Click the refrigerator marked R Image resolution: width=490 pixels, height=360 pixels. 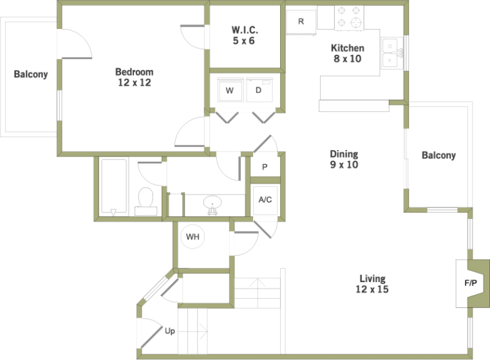click(301, 22)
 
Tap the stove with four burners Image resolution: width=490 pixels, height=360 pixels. click(349, 18)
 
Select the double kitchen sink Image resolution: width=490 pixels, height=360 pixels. click(392, 53)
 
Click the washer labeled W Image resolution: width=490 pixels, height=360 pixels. click(231, 90)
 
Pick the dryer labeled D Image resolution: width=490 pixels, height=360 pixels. click(259, 90)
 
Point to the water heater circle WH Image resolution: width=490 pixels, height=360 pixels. click(193, 236)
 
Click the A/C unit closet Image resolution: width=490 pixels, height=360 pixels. click(265, 200)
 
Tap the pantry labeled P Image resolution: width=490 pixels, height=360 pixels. click(265, 167)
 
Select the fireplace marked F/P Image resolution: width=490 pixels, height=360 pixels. click(473, 283)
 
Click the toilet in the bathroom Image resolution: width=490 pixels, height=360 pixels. click(146, 202)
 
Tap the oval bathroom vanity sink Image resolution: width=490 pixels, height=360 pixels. click(212, 203)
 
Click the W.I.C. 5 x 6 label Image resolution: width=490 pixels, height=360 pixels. click(244, 35)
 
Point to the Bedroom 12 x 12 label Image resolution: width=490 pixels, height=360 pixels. click(135, 77)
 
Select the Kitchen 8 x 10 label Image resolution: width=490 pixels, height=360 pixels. click(348, 53)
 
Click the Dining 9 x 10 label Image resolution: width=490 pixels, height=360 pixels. click(344, 159)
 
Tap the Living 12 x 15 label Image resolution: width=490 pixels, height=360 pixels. click(372, 284)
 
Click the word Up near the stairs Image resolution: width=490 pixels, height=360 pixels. click(170, 331)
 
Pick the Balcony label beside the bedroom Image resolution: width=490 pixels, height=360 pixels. click(31, 74)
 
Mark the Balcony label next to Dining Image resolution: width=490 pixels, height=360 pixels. click(438, 155)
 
